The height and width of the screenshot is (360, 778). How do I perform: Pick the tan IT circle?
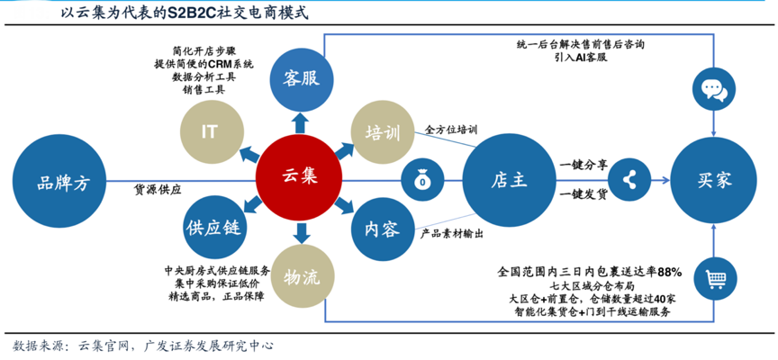[210, 130]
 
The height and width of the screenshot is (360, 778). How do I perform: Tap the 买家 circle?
[713, 180]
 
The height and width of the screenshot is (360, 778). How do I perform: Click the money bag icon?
[422, 180]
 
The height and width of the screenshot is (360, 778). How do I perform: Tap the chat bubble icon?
[713, 87]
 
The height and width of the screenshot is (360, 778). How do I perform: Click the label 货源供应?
[158, 190]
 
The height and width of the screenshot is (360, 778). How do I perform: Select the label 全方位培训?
[450, 130]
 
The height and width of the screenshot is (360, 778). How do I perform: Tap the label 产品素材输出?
[452, 233]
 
